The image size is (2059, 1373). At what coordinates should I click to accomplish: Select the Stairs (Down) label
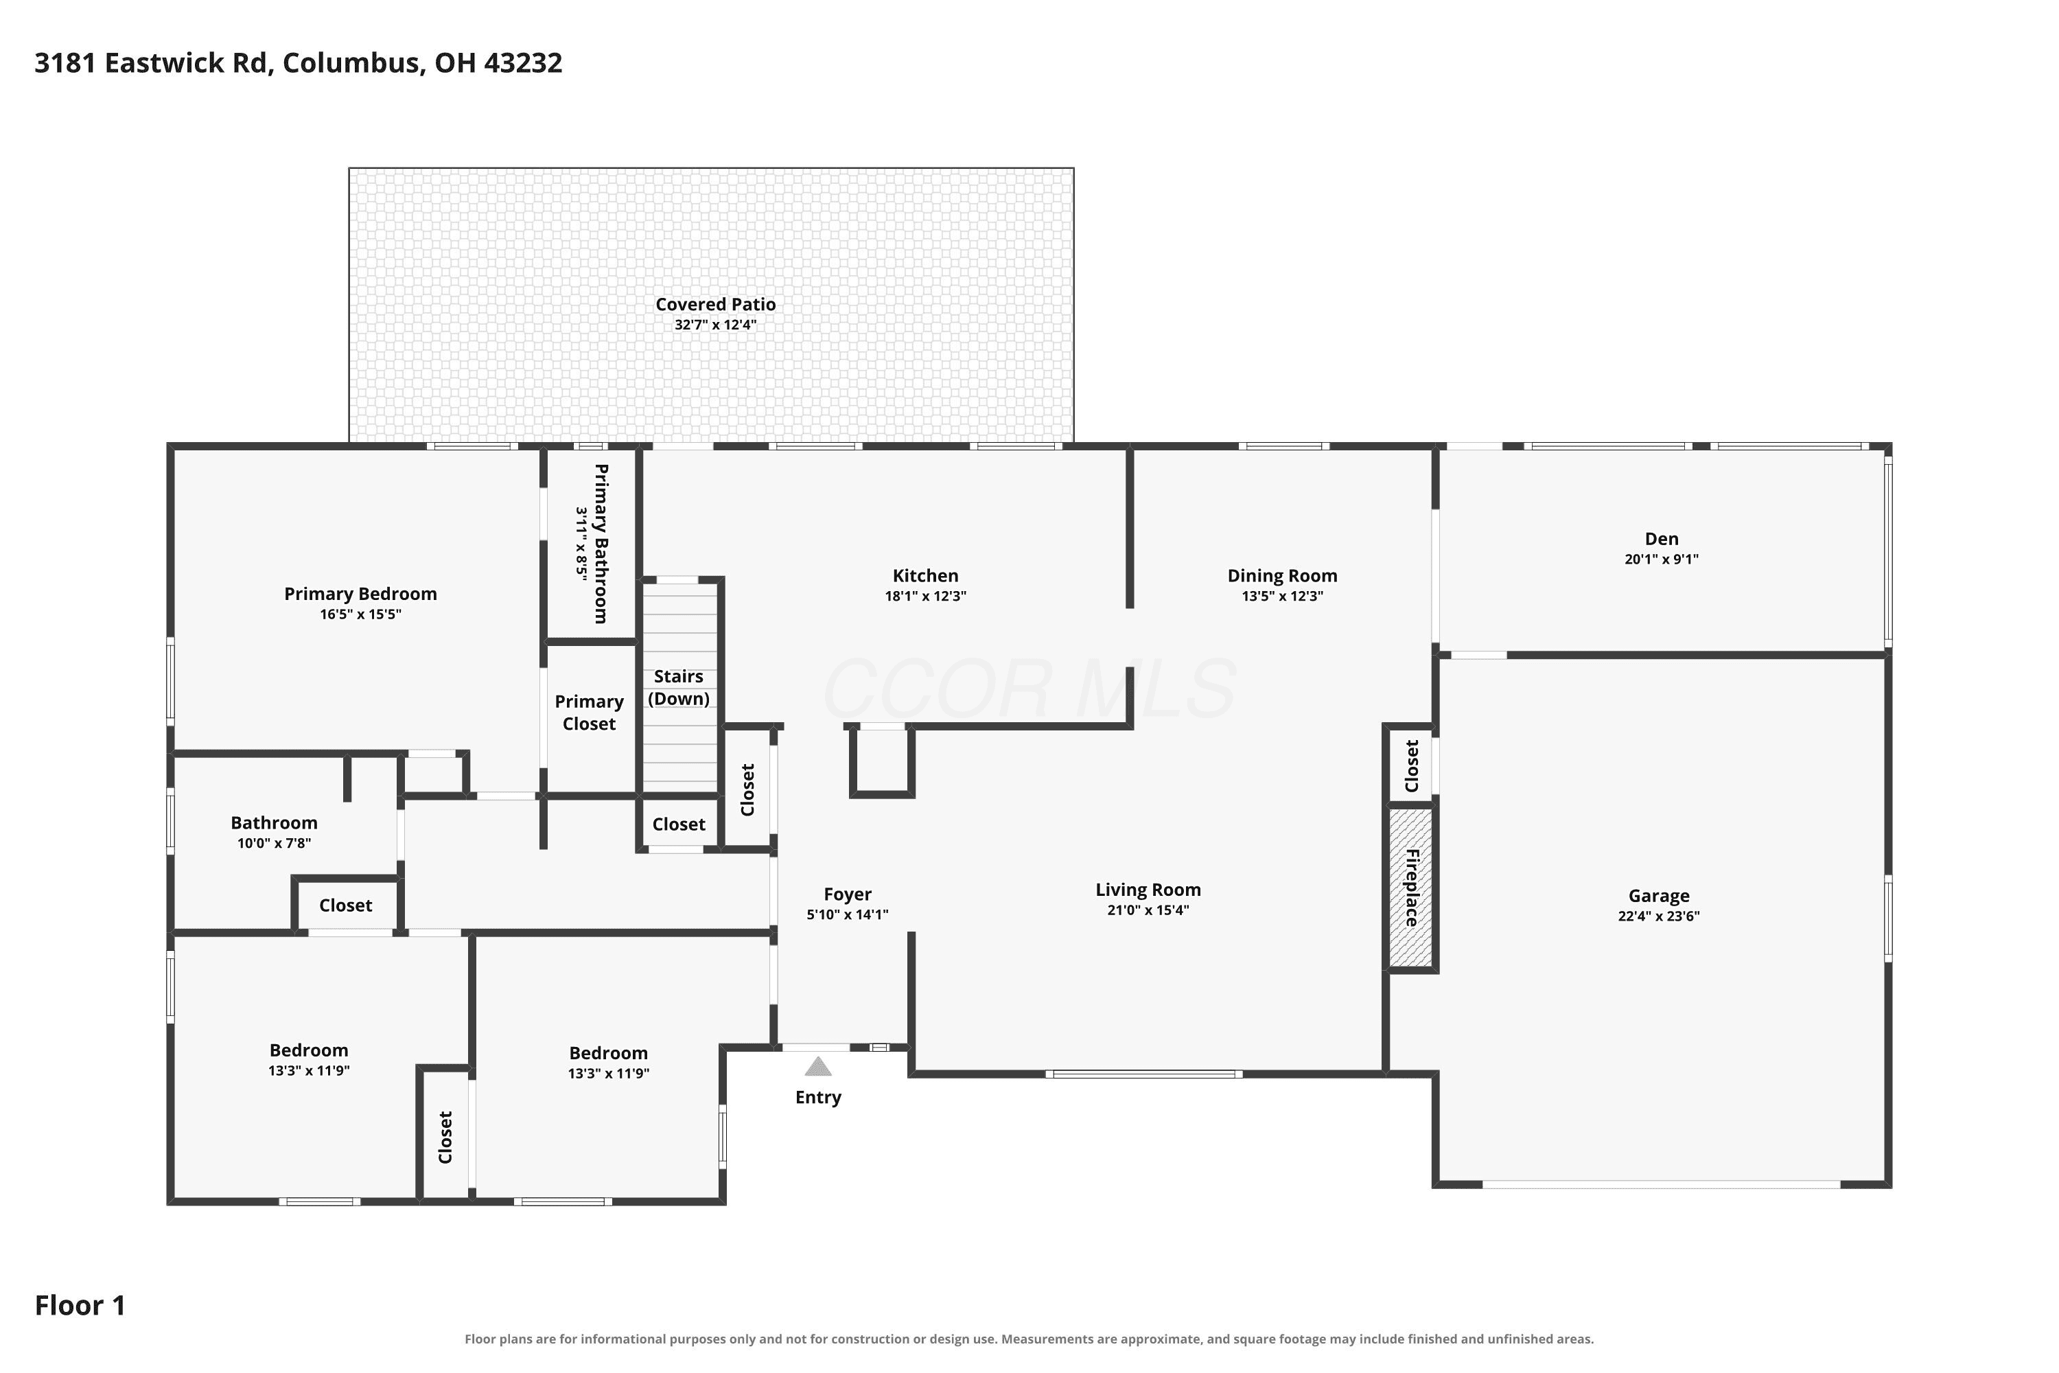pos(679,687)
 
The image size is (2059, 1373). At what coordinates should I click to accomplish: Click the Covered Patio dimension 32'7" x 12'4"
pos(715,325)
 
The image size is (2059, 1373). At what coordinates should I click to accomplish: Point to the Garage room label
pos(1659,896)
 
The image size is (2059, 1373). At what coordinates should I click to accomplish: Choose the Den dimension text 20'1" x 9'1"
pos(1662,559)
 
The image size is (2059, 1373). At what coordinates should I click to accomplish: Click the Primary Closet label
pos(589,713)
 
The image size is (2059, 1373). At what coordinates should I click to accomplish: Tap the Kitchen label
pos(925,575)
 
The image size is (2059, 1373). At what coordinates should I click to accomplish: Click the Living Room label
pos(1148,890)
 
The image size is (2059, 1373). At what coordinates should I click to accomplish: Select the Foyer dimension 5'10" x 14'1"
pos(848,914)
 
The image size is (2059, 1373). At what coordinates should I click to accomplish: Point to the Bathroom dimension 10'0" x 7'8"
pos(274,843)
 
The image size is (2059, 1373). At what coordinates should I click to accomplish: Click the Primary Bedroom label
pos(361,594)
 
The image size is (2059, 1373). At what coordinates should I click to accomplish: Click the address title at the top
pos(299,63)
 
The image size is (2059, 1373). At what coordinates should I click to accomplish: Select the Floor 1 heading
pos(80,1306)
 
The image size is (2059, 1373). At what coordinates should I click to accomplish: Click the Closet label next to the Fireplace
pos(1411,766)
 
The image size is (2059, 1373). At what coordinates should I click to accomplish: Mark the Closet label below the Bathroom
pos(346,905)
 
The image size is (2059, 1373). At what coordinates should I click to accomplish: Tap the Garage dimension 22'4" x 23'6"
pos(1659,916)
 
